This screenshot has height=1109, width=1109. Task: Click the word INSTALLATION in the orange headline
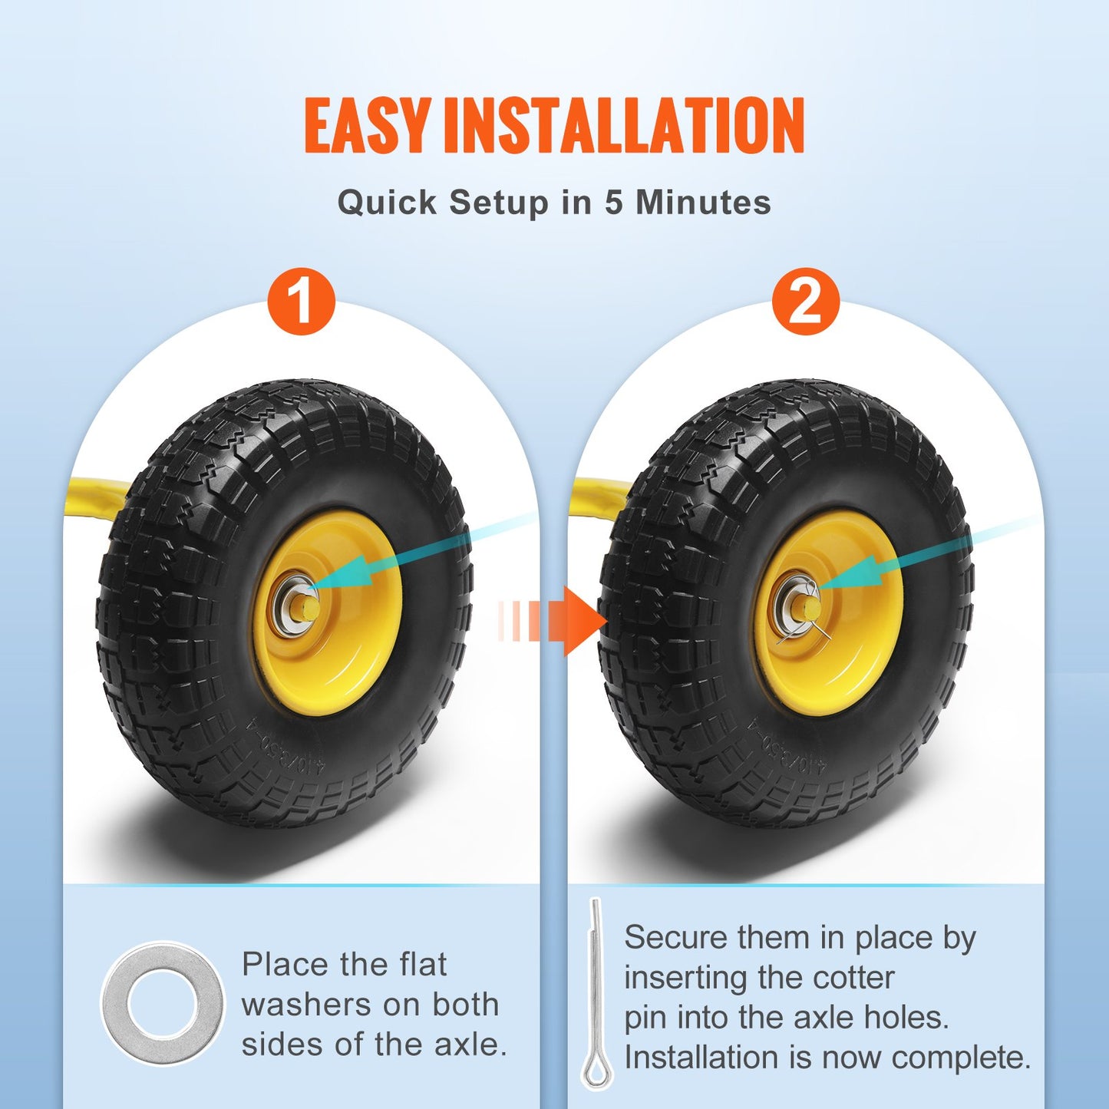pos(624,125)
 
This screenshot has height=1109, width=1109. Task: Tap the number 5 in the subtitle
pos(613,203)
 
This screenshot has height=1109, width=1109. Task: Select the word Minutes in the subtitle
pos(703,203)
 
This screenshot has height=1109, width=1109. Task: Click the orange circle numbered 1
pos(302,301)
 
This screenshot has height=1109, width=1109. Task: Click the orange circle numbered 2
pos(806,301)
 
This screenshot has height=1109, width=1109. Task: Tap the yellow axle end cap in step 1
pos(309,609)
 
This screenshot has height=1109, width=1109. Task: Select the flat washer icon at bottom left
pos(163,1003)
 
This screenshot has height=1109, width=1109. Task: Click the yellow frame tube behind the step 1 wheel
pos(97,492)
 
